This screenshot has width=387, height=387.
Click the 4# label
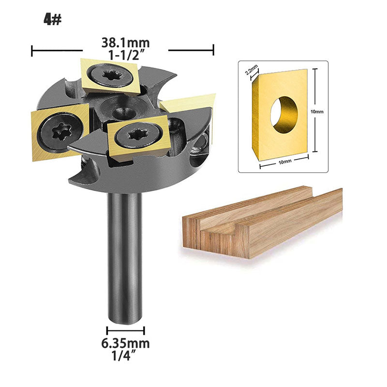[52, 20]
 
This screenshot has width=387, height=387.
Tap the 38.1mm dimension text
[125, 43]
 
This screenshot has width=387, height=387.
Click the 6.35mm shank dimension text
[125, 343]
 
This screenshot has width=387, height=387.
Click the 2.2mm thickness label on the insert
[252, 69]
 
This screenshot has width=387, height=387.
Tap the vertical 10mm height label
[317, 112]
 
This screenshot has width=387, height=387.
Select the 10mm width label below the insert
[285, 161]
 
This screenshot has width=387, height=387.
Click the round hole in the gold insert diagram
[284, 115]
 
